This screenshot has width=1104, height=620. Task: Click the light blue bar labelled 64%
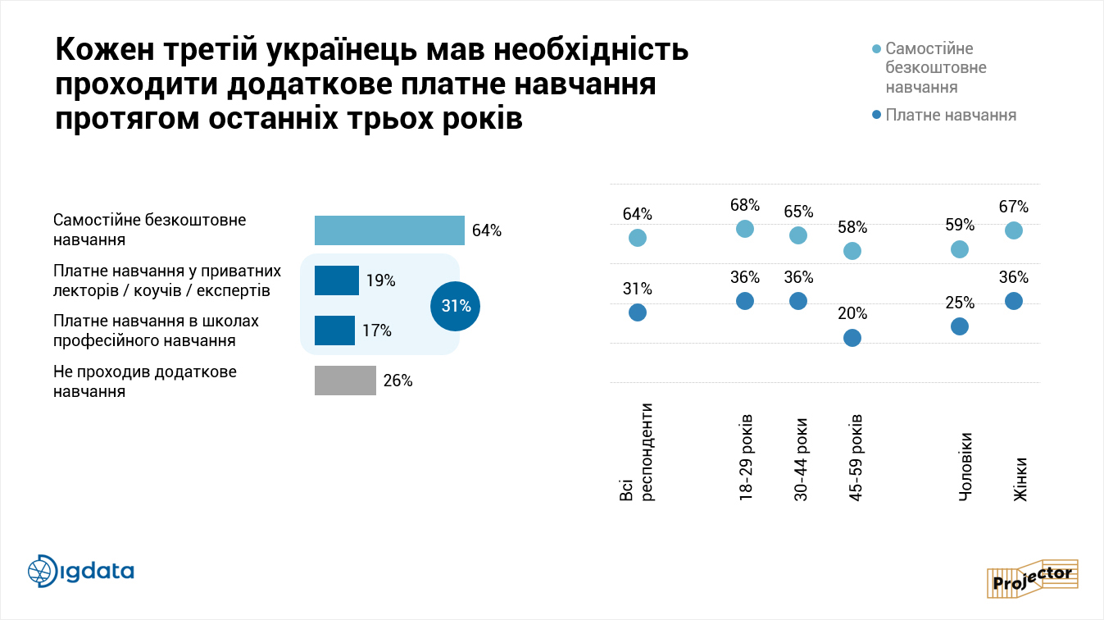pyautogui.click(x=389, y=230)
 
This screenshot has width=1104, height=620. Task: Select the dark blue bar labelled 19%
pyautogui.click(x=337, y=280)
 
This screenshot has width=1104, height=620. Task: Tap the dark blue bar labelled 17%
pyautogui.click(x=334, y=331)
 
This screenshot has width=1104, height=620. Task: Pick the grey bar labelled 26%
pyautogui.click(x=345, y=381)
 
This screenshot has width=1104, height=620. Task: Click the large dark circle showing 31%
pyautogui.click(x=455, y=307)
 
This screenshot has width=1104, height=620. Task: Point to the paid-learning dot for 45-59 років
pyautogui.click(x=852, y=337)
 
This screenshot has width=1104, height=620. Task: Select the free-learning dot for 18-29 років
pyautogui.click(x=745, y=229)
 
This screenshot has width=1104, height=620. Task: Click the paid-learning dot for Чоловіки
pyautogui.click(x=960, y=326)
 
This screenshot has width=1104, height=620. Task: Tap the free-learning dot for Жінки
pyautogui.click(x=1013, y=230)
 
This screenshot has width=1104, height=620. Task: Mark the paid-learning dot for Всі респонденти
pyautogui.click(x=638, y=312)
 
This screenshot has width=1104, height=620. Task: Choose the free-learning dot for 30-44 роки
pyautogui.click(x=798, y=235)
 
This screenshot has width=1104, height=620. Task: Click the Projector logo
pyautogui.click(x=1034, y=578)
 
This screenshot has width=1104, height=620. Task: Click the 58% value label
pyautogui.click(x=852, y=227)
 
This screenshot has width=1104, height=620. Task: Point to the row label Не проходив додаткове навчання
pyautogui.click(x=144, y=381)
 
